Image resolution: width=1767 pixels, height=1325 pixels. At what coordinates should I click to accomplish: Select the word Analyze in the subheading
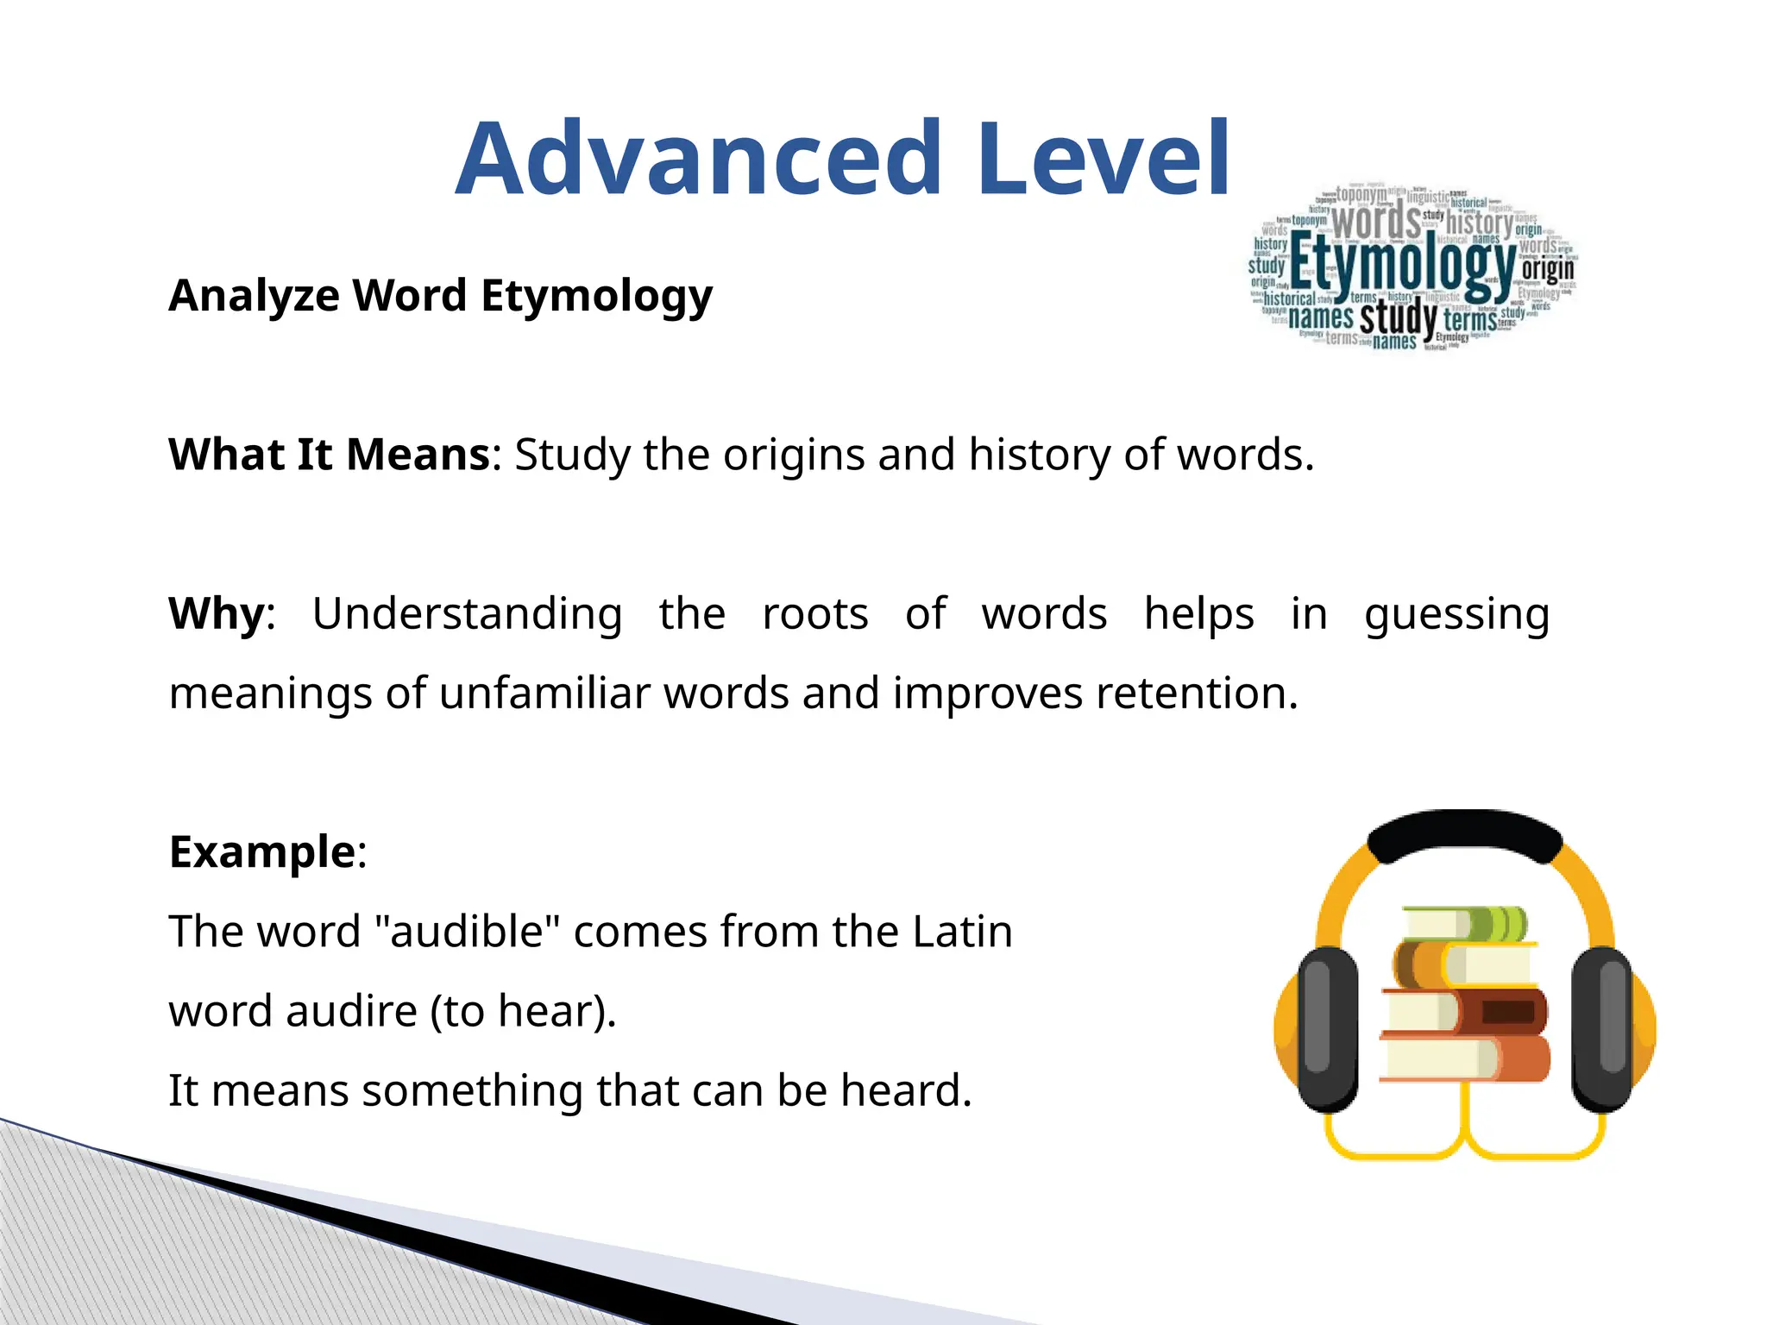coord(255,296)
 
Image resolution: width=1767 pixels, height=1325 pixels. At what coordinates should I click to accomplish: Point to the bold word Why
coord(217,614)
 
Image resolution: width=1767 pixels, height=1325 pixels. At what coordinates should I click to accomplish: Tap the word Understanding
coord(467,614)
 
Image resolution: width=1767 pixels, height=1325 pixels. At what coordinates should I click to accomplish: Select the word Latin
coord(962,932)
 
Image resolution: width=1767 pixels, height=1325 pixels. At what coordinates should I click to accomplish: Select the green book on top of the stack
coord(1463,924)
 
